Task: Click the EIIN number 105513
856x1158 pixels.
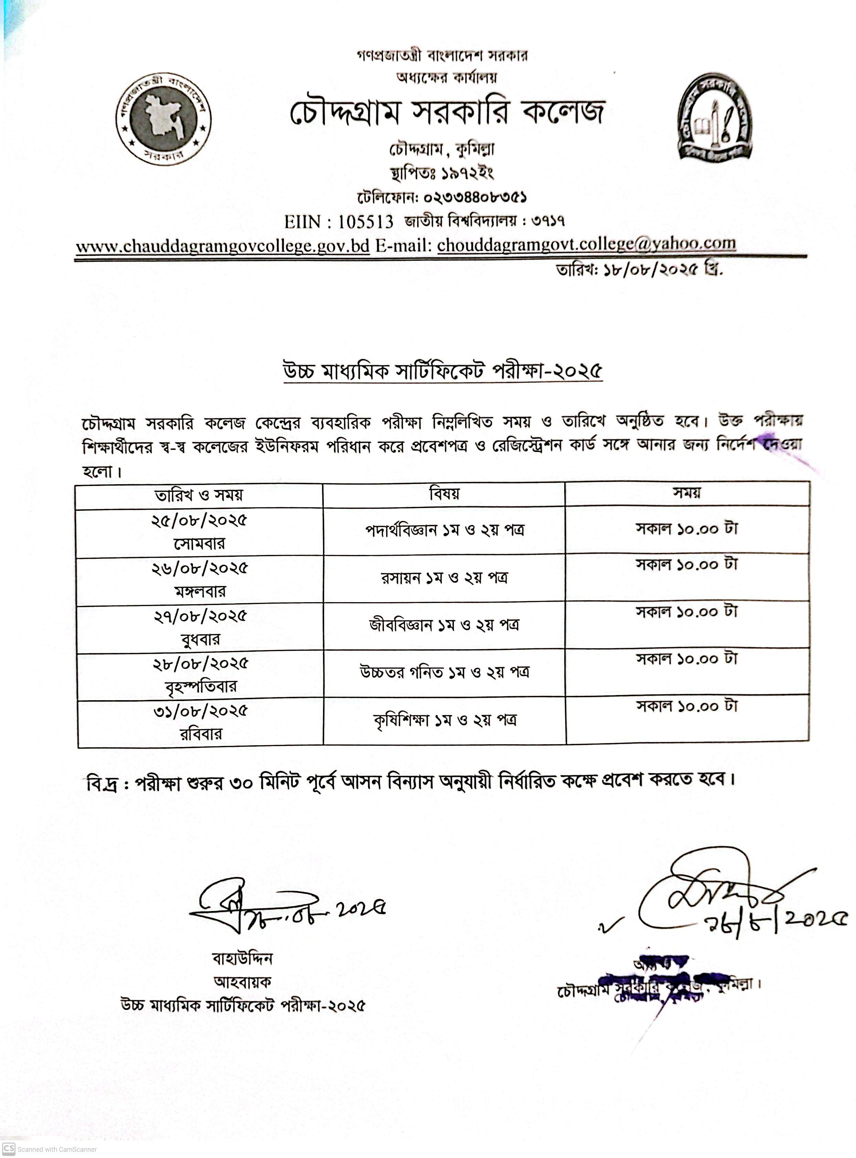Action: pyautogui.click(x=366, y=221)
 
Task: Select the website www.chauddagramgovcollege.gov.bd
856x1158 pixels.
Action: pyautogui.click(x=223, y=246)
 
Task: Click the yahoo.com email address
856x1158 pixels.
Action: pyautogui.click(x=586, y=244)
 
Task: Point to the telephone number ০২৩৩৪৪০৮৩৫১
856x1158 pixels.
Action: pyautogui.click(x=475, y=197)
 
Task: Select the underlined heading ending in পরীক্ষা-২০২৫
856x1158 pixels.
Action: pyautogui.click(x=443, y=371)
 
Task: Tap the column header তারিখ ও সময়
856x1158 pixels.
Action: pyautogui.click(x=199, y=495)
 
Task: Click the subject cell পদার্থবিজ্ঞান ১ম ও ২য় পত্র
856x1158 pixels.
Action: pyautogui.click(x=445, y=530)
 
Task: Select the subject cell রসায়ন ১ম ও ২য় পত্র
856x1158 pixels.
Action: pyautogui.click(x=444, y=577)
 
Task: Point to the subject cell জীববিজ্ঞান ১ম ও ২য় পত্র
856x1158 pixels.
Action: pyautogui.click(x=444, y=625)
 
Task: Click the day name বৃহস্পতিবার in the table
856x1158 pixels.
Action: pyautogui.click(x=201, y=687)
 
